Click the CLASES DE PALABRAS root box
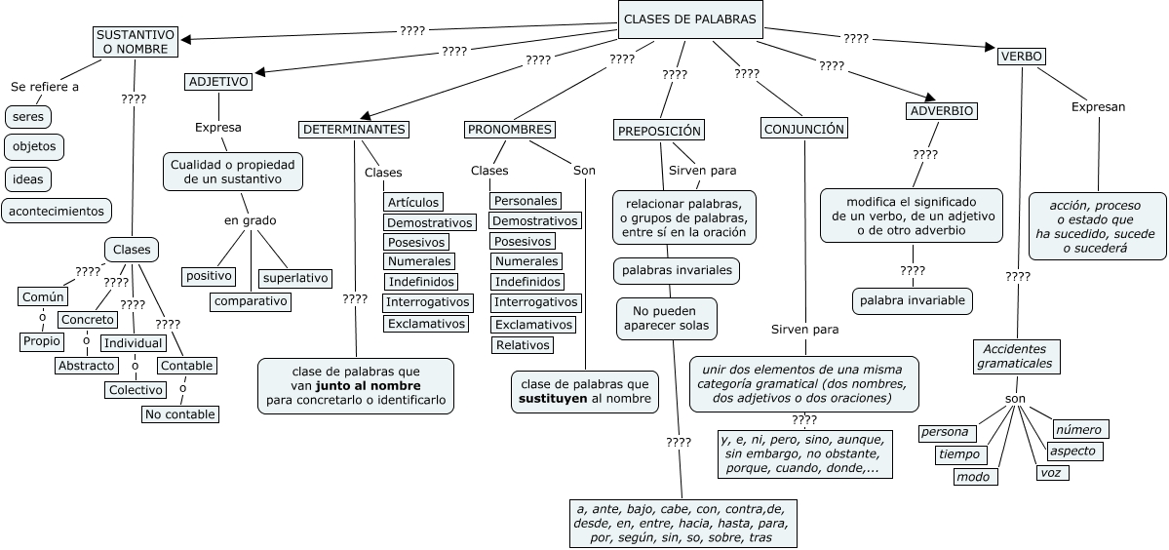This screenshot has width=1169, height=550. pyautogui.click(x=688, y=19)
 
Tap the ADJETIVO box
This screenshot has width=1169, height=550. pyautogui.click(x=218, y=82)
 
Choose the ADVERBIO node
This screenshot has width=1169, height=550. pyautogui.click(x=941, y=111)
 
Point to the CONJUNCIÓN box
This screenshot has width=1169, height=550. pyautogui.click(x=804, y=129)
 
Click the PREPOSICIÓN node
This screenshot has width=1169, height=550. pyautogui.click(x=660, y=131)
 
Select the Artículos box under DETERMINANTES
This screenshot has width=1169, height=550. pyautogui.click(x=412, y=202)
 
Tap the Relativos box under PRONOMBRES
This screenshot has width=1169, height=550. pyautogui.click(x=523, y=345)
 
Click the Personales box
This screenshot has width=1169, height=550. pyautogui.click(x=526, y=201)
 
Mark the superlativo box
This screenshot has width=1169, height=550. pyautogui.click(x=295, y=278)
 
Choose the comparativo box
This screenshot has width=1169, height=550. pyautogui.click(x=252, y=301)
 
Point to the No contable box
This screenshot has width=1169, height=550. pyautogui.click(x=179, y=414)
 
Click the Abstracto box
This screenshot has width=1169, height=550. pyautogui.click(x=86, y=366)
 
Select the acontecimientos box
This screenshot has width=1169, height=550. pyautogui.click(x=57, y=211)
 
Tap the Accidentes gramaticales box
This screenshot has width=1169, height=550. pyautogui.click(x=1015, y=357)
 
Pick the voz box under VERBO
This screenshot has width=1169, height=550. pyautogui.click(x=1053, y=473)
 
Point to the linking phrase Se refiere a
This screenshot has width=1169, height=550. pyautogui.click(x=45, y=87)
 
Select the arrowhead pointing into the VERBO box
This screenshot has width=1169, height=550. pyautogui.click(x=989, y=49)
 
